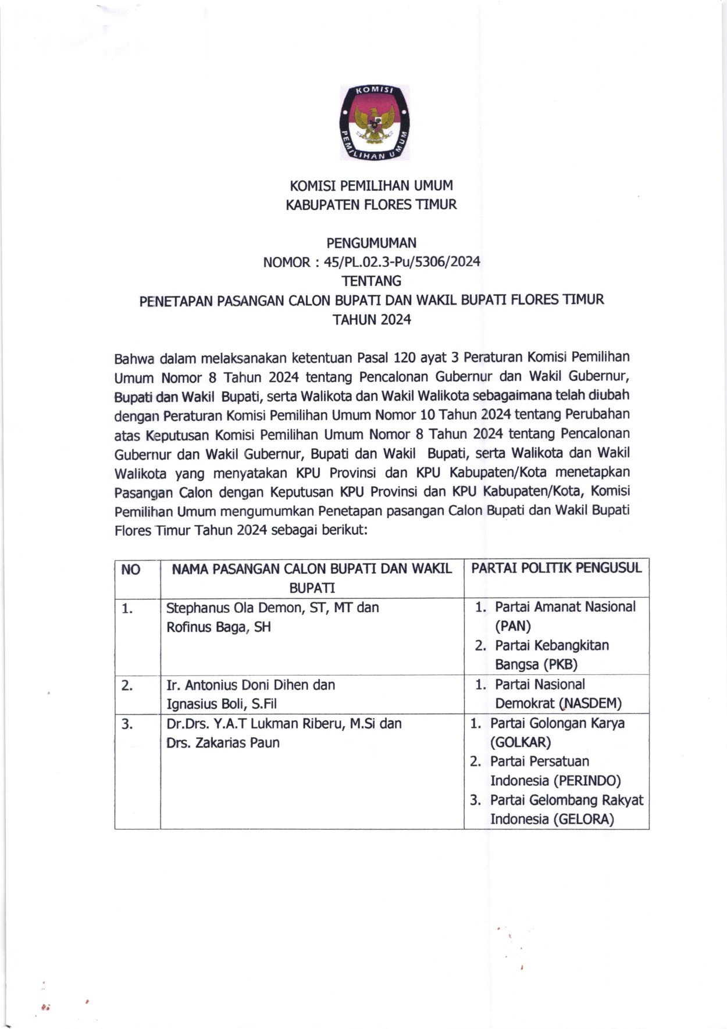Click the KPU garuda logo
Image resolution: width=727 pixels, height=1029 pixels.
375,123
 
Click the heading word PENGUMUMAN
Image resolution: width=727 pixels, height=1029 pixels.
371,242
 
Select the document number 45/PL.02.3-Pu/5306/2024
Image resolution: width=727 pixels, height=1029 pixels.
402,262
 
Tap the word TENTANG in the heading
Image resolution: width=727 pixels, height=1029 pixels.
371,281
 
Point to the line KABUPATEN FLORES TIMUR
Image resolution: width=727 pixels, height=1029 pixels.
371,205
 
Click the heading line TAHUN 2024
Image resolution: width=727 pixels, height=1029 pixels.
371,319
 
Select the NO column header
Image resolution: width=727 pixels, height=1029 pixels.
131,570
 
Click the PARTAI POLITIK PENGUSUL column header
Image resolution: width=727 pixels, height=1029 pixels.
556,568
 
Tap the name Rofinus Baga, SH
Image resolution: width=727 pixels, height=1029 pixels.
219,627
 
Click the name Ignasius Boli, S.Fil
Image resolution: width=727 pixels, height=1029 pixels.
222,704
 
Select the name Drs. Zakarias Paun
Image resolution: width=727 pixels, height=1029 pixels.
223,742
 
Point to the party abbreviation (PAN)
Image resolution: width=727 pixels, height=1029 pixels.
512,626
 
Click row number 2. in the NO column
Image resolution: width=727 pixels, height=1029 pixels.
127,685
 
